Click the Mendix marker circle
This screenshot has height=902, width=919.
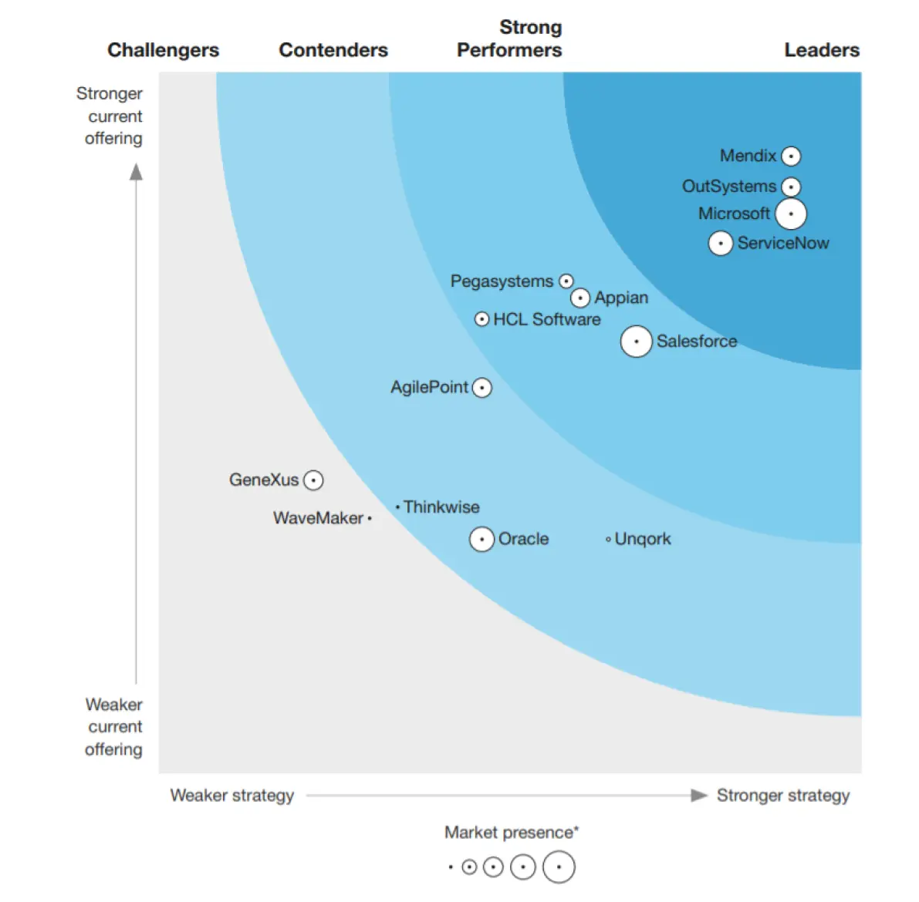click(791, 157)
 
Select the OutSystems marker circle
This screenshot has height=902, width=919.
click(791, 187)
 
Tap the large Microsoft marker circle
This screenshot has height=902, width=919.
click(791, 214)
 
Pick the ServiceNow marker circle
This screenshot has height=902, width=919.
click(720, 244)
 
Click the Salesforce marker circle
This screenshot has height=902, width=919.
click(636, 342)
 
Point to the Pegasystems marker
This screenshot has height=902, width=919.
click(566, 281)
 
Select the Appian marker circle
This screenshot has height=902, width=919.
click(580, 298)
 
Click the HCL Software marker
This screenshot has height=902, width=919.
click(481, 319)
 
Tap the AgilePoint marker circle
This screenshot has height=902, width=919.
click(481, 388)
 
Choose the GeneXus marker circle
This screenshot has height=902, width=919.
click(313, 480)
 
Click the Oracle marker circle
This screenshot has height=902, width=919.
click(481, 540)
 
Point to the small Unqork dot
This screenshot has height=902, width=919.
click(608, 540)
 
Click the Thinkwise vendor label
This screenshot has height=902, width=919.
click(441, 507)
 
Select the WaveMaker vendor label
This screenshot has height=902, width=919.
click(318, 518)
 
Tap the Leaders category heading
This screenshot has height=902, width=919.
click(822, 50)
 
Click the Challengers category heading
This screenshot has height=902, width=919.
click(163, 50)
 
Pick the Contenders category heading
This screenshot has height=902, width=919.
click(333, 50)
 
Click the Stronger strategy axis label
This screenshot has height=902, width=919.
click(782, 796)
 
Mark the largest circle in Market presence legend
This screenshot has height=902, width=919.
click(559, 867)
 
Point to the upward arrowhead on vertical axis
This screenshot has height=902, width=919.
click(137, 171)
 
